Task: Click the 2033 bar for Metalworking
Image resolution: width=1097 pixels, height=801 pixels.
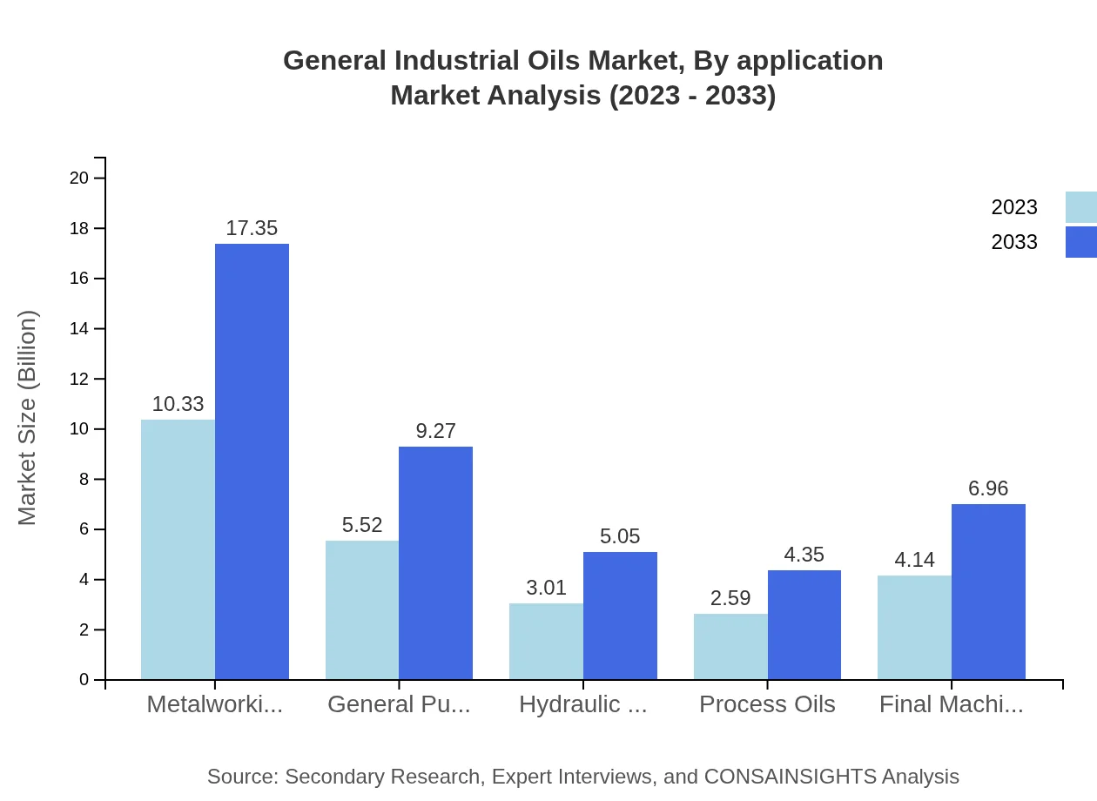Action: [x=252, y=461]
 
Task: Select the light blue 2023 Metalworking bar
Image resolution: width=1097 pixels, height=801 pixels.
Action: [x=178, y=549]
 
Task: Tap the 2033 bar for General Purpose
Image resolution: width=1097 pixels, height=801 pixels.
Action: [x=435, y=562]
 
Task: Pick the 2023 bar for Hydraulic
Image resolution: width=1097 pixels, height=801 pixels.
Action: [x=546, y=641]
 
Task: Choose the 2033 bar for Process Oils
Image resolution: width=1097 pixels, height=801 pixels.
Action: [x=804, y=624]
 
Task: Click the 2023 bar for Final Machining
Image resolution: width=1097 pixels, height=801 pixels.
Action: [x=914, y=627]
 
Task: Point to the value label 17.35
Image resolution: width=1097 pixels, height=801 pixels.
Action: [x=252, y=228]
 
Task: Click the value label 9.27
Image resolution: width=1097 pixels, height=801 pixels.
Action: [x=435, y=431]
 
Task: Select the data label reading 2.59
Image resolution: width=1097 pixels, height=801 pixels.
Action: [x=730, y=598]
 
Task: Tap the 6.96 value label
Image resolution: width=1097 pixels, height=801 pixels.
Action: [x=988, y=488]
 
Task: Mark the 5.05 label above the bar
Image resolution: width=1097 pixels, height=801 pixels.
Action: [x=620, y=536]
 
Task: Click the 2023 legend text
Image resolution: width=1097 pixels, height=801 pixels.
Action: [x=1014, y=207]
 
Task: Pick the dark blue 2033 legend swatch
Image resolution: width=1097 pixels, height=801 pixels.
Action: [x=1080, y=242]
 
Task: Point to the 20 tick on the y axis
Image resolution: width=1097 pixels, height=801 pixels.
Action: [x=79, y=178]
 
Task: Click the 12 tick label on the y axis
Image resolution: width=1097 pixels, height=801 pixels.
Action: [x=79, y=379]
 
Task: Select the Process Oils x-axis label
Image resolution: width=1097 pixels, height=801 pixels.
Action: [x=767, y=704]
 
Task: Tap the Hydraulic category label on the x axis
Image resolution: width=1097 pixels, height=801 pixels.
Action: [x=582, y=704]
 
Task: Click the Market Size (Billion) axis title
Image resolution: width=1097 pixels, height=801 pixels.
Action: [x=28, y=418]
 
